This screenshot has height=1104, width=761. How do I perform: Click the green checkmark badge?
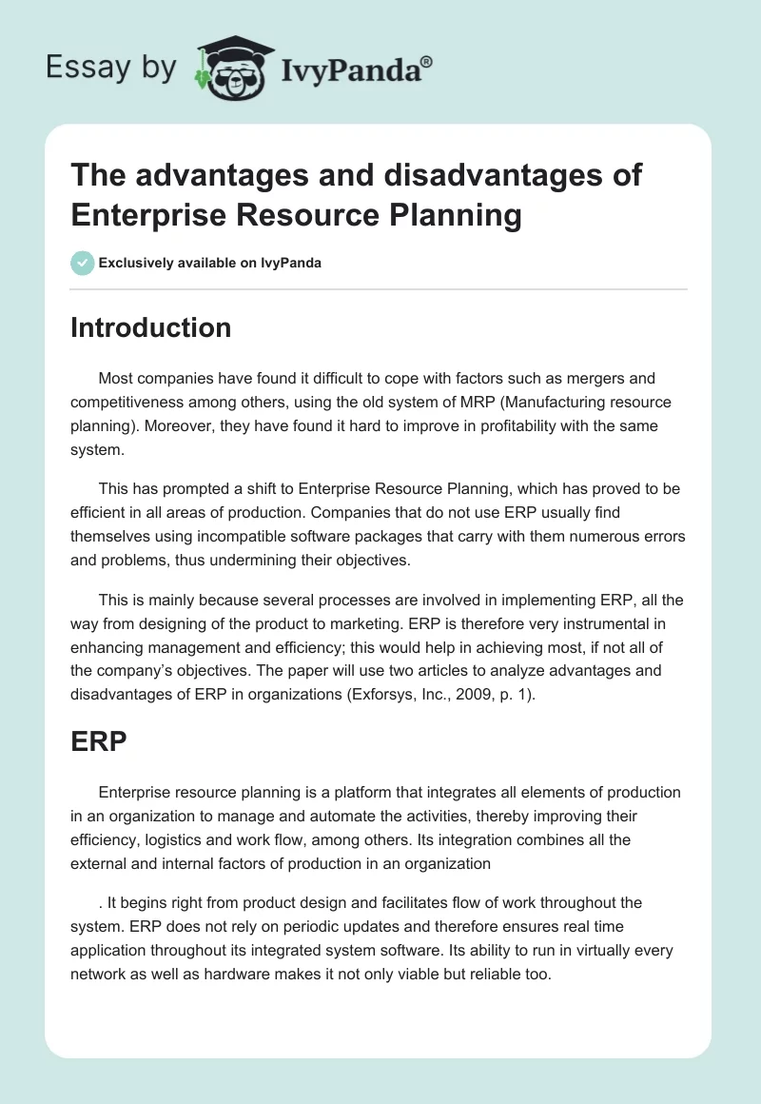pyautogui.click(x=83, y=263)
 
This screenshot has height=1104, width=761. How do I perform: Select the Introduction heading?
pyautogui.click(x=151, y=327)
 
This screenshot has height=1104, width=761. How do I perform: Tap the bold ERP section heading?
pyautogui.click(x=99, y=741)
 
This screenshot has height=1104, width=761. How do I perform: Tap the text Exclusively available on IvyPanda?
pyautogui.click(x=210, y=263)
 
